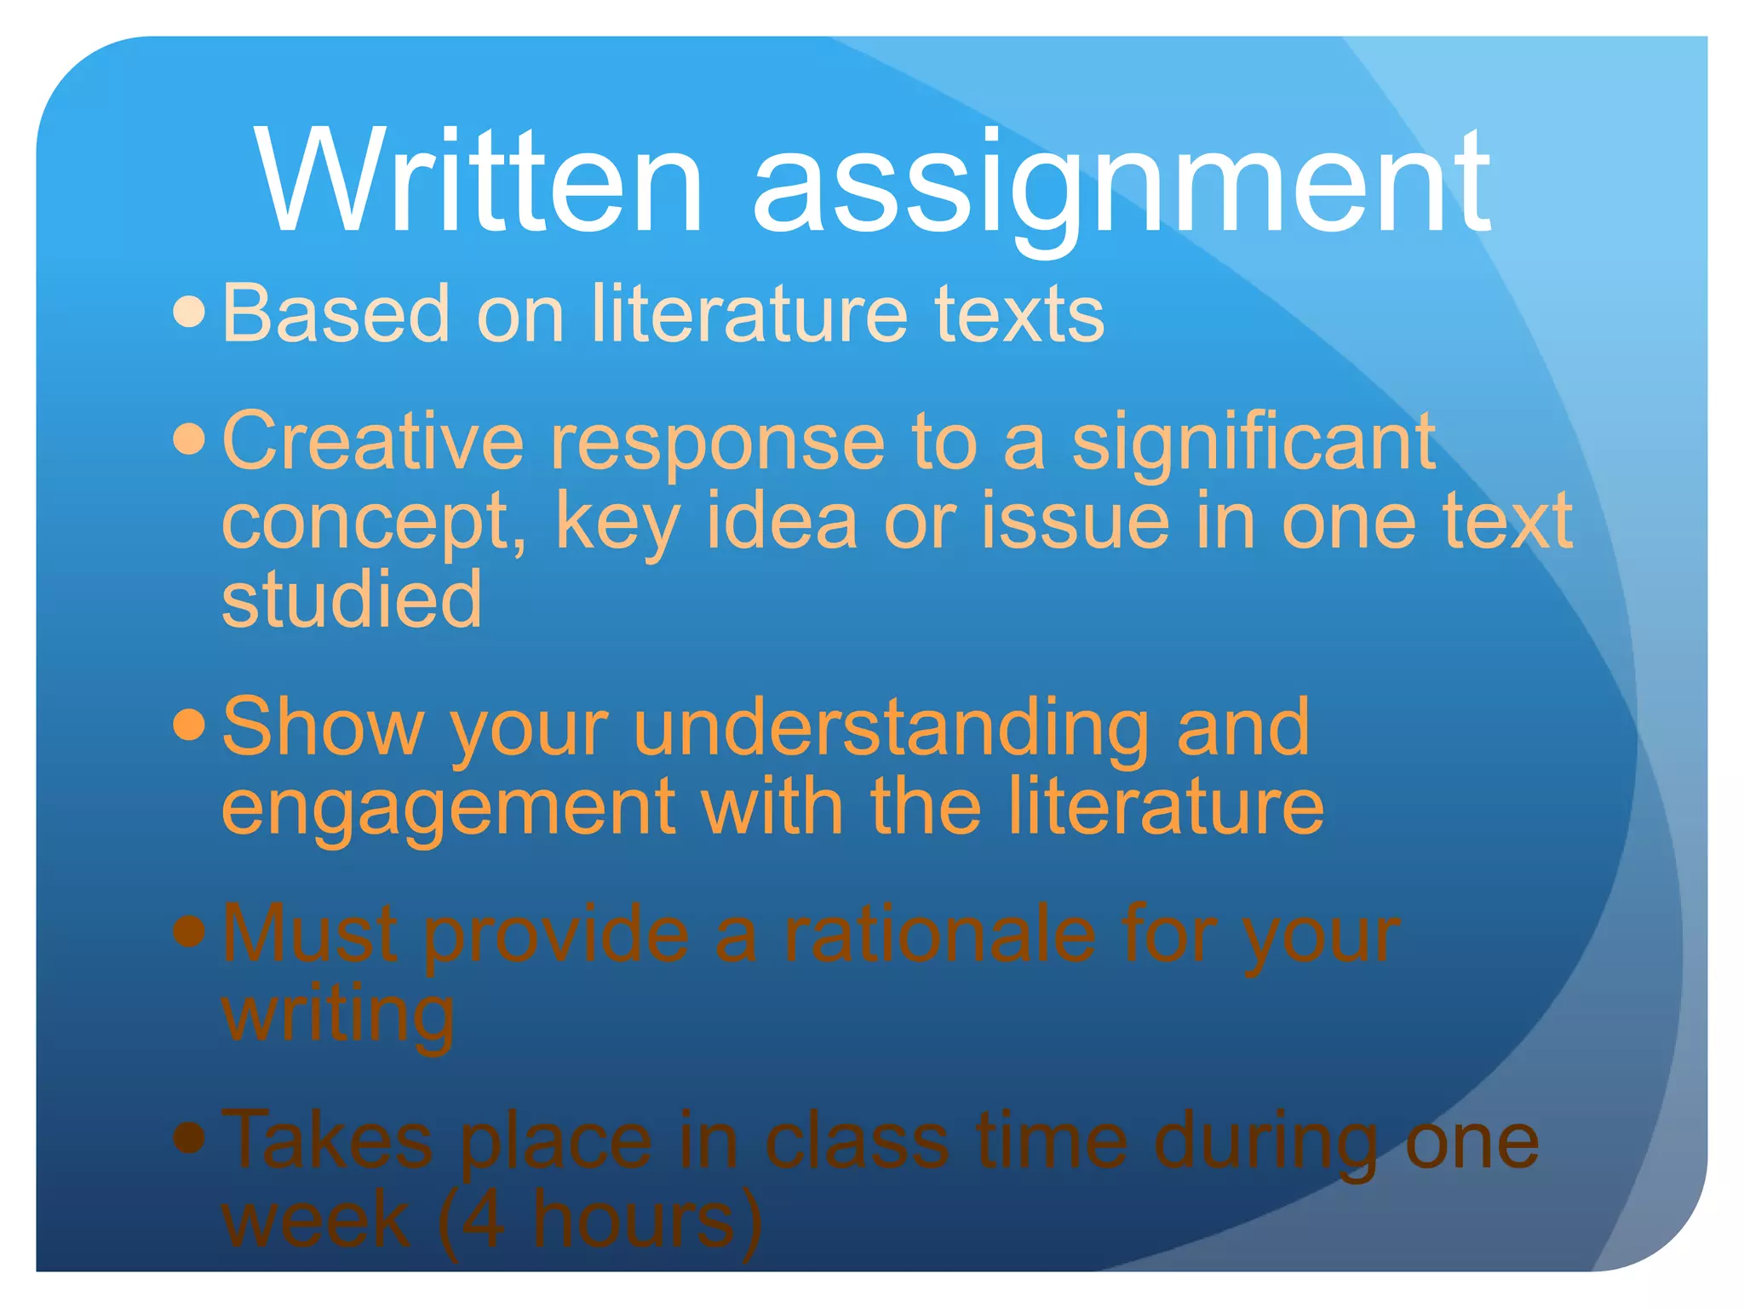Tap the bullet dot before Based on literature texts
(x=189, y=313)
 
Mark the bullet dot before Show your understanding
(x=189, y=726)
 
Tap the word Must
(x=310, y=934)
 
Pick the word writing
(x=338, y=1015)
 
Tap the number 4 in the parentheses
(x=484, y=1220)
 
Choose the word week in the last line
(x=316, y=1220)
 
